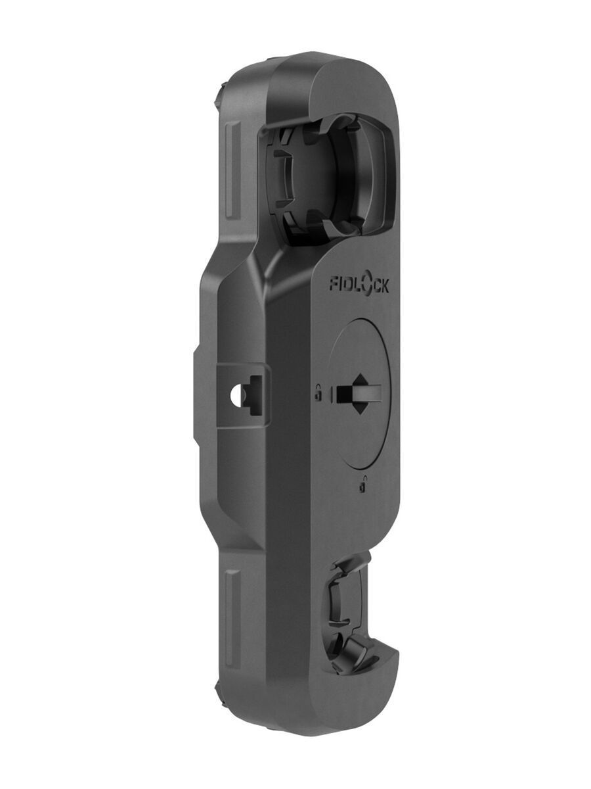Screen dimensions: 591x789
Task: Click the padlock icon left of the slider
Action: coord(318,392)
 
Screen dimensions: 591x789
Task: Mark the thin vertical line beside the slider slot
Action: coord(333,394)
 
